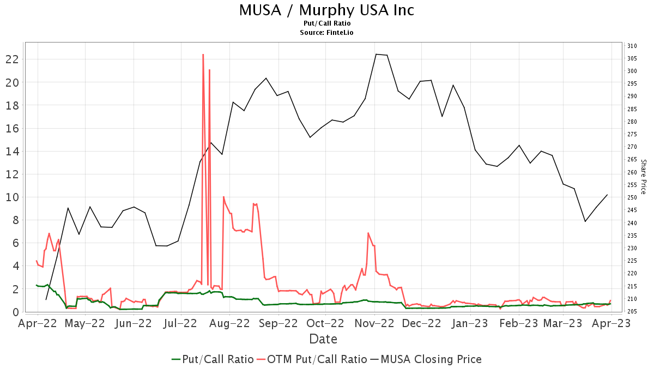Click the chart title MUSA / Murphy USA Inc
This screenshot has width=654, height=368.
tap(326, 10)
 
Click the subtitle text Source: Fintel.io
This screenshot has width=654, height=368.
tap(327, 33)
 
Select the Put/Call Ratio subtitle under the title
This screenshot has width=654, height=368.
tap(327, 23)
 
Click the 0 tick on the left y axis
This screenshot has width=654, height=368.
tap(15, 312)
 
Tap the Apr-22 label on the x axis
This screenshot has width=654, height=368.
tap(38, 323)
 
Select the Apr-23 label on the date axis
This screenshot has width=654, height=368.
tap(611, 323)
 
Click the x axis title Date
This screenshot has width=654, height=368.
tap(323, 339)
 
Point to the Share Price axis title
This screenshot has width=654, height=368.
tap(644, 177)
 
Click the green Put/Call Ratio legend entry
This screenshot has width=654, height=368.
tap(213, 359)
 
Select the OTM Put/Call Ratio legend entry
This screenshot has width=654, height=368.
tap(312, 359)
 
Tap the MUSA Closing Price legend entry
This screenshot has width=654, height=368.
tap(426, 359)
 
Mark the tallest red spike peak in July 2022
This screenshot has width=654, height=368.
tap(203, 55)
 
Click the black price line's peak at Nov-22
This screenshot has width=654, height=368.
tap(376, 54)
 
